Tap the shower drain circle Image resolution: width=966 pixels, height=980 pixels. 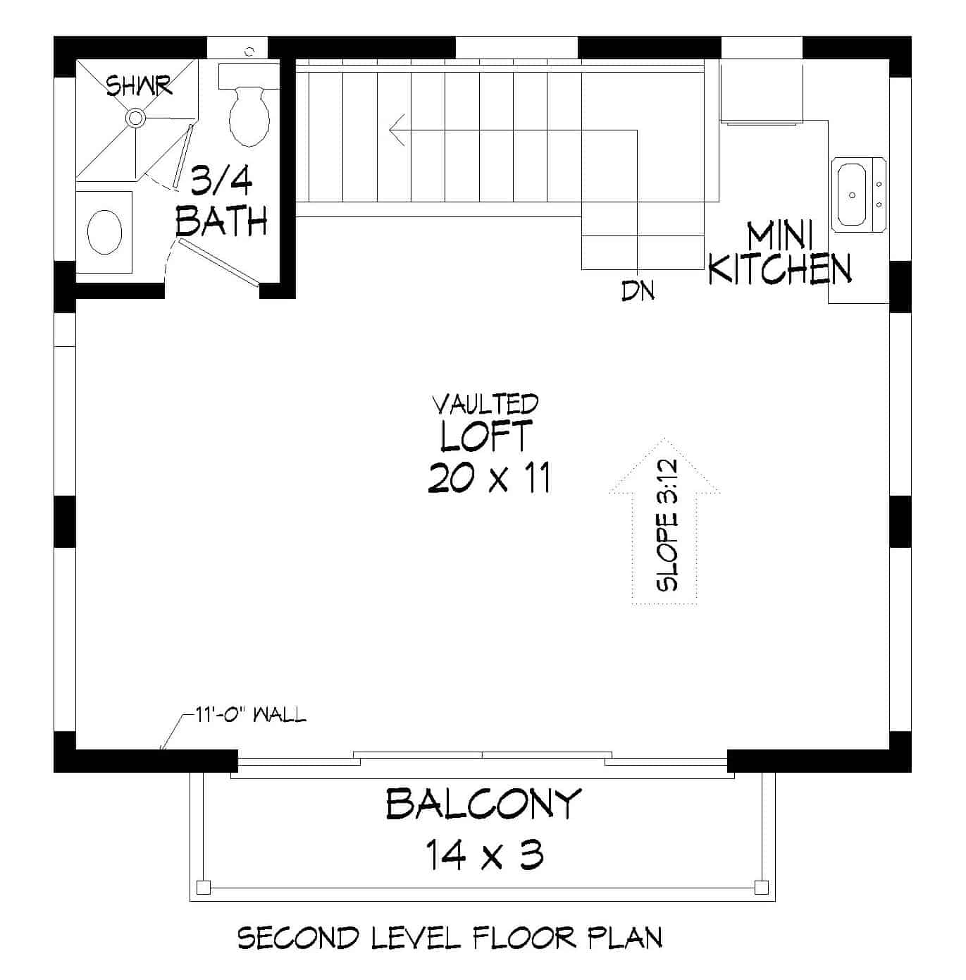point(135,118)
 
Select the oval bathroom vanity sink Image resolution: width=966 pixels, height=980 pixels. point(104,231)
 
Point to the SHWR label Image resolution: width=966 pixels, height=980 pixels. point(139,86)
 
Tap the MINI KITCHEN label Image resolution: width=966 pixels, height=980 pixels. point(780,254)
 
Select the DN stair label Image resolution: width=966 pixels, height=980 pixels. point(638,290)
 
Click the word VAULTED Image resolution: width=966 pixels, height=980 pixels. point(485,405)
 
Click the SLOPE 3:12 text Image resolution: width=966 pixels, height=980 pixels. point(667,525)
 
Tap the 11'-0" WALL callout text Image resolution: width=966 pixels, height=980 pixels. point(251,715)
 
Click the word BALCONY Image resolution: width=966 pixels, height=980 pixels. point(483,804)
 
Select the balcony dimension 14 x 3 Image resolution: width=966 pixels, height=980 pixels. point(484,856)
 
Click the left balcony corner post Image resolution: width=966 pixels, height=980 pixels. point(204,886)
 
